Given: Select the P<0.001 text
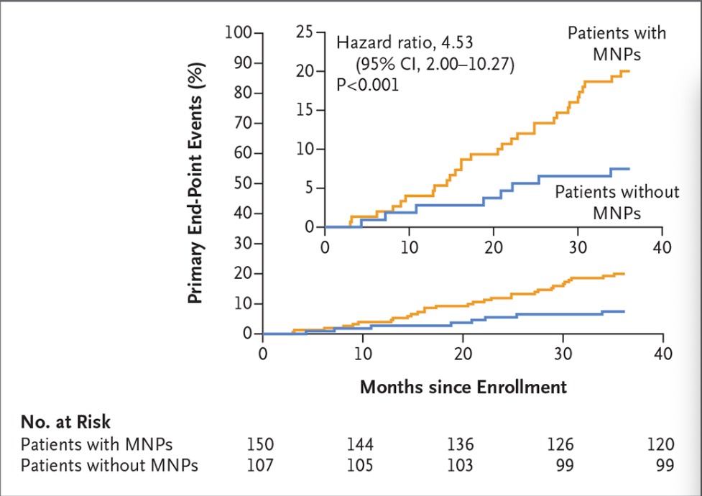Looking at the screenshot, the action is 367,85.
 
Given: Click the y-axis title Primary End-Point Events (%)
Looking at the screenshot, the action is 196,183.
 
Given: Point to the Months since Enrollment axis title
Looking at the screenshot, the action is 463,387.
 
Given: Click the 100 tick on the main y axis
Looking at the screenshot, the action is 239,33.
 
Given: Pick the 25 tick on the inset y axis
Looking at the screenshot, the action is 305,33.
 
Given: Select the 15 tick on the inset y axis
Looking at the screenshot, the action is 305,110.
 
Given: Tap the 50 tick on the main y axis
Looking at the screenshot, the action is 243,184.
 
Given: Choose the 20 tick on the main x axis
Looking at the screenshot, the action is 463,354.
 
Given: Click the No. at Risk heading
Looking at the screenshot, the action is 65,422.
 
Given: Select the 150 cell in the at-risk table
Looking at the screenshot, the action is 261,444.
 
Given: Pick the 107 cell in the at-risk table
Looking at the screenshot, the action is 261,465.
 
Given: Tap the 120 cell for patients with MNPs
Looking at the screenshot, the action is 661,444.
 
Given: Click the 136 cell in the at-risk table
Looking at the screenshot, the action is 461,444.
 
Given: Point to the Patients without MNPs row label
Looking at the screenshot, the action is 109,465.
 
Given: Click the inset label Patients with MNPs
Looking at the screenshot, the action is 617,43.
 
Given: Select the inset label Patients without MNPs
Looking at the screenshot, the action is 617,202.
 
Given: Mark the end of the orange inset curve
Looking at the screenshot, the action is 629,71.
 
